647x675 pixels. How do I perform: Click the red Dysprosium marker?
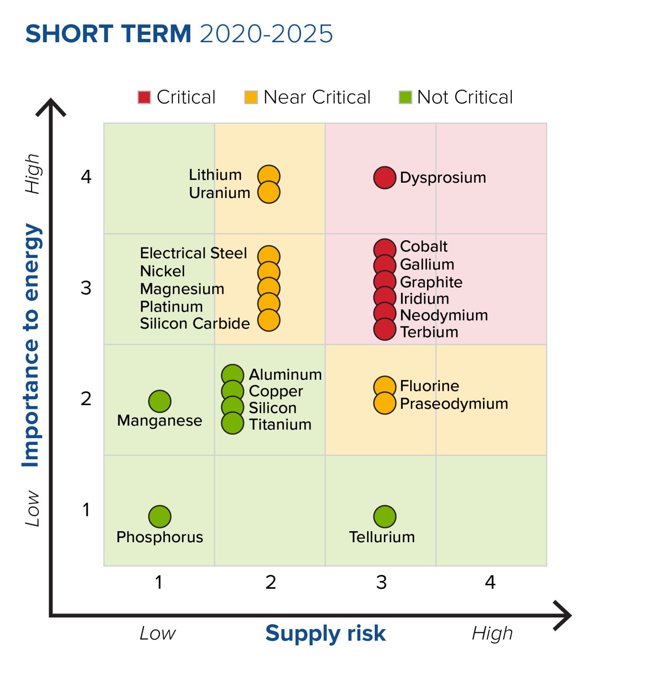tap(384, 178)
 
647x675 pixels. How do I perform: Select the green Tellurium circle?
tap(384, 516)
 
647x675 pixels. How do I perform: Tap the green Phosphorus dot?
tap(160, 516)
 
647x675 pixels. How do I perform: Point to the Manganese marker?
tap(160, 401)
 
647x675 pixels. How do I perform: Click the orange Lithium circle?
tap(269, 175)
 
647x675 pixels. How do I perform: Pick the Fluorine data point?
tap(384, 386)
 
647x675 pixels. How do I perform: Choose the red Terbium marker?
tap(384, 330)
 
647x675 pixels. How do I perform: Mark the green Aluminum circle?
tap(232, 374)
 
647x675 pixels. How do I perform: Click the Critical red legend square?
tap(144, 97)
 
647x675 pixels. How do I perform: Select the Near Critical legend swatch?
tap(251, 97)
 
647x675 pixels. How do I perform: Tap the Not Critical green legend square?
tap(405, 97)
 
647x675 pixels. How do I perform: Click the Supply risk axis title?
tap(325, 633)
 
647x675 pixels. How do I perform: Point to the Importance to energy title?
tap(31, 345)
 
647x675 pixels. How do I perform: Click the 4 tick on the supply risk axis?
tap(490, 582)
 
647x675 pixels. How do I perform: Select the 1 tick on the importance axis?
tap(86, 510)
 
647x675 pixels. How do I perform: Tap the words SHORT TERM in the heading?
tap(108, 34)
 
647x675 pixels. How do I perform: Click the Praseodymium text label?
tap(454, 404)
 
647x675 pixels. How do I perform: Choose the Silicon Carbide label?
tap(195, 324)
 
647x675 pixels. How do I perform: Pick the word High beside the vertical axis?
tap(33, 174)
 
